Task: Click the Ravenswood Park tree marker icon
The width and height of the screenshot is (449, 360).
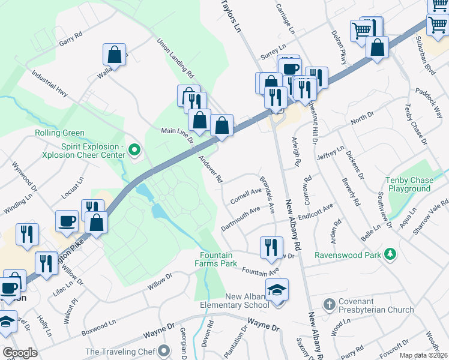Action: click(391, 255)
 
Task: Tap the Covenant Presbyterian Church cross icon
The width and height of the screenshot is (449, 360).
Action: click(329, 304)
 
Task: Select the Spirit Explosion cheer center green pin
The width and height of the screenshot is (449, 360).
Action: click(134, 150)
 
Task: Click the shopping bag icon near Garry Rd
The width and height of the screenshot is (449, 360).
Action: click(114, 55)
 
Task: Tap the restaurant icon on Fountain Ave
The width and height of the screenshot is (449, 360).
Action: click(271, 247)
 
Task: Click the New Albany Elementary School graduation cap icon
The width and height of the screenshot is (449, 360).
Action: click(277, 290)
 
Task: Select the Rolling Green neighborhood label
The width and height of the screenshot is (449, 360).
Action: click(59, 133)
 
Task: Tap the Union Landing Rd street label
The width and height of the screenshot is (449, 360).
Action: click(175, 59)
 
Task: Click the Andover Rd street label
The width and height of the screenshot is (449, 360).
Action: click(211, 170)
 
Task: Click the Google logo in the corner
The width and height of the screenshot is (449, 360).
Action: click(20, 352)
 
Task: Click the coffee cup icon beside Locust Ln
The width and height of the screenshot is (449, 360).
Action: click(66, 221)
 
